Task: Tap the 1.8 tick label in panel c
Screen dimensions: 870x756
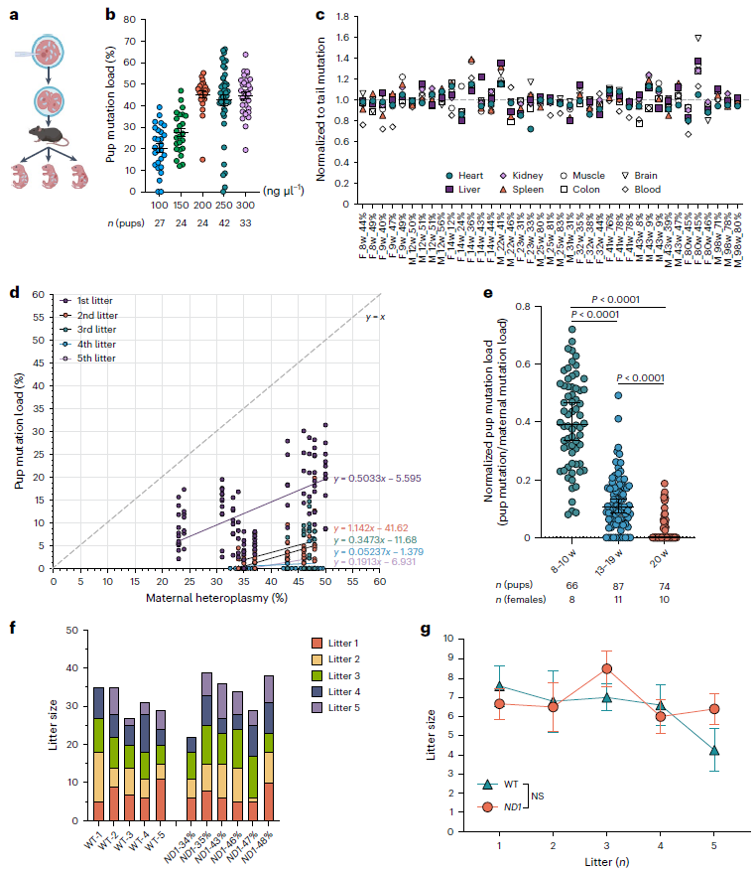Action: pos(342,17)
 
